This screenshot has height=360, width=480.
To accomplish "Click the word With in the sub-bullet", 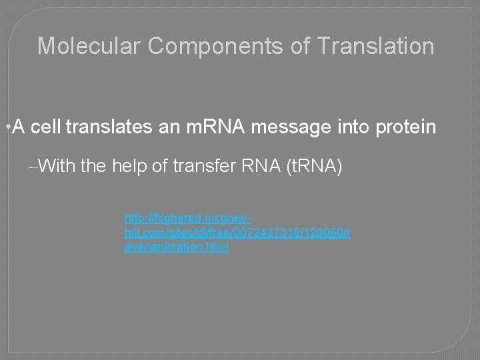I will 57,166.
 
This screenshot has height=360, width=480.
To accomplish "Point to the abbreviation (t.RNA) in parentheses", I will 313,166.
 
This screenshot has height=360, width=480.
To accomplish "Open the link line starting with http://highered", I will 187,218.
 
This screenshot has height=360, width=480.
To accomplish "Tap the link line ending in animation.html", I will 177,247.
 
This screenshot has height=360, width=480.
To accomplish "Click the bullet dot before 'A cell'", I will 6,127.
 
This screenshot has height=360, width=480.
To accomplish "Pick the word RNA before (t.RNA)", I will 261,166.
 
